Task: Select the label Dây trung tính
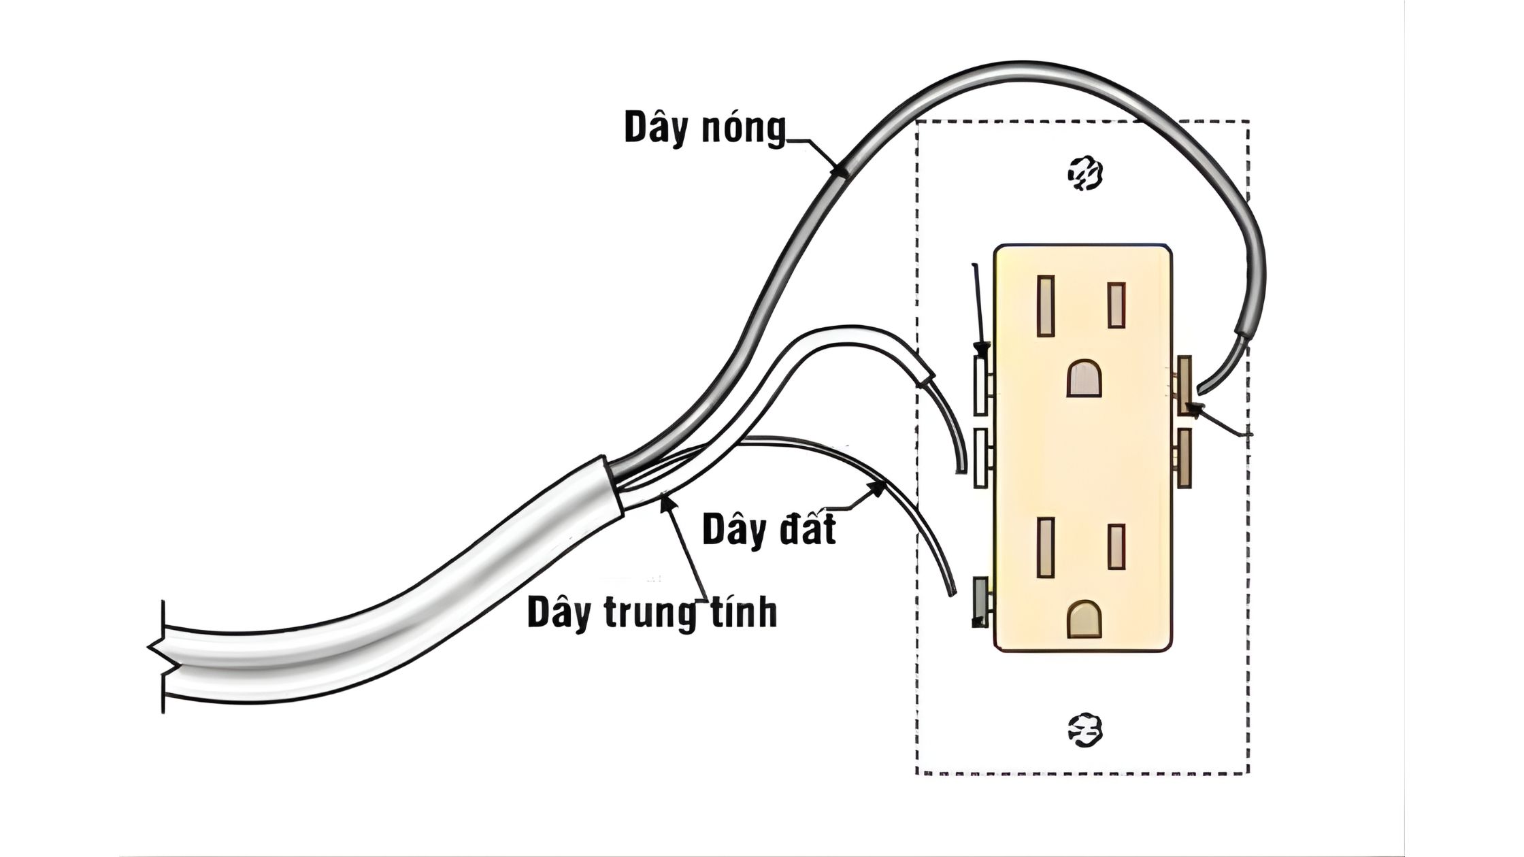pos(652,612)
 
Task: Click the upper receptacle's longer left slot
pos(1046,305)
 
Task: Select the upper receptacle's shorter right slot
pos(1116,305)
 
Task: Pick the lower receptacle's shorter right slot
pos(1116,547)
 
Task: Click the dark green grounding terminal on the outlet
pos(980,601)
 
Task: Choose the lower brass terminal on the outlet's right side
pos(1185,458)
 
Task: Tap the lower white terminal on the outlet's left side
pos(980,458)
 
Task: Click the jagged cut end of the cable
pos(156,657)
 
